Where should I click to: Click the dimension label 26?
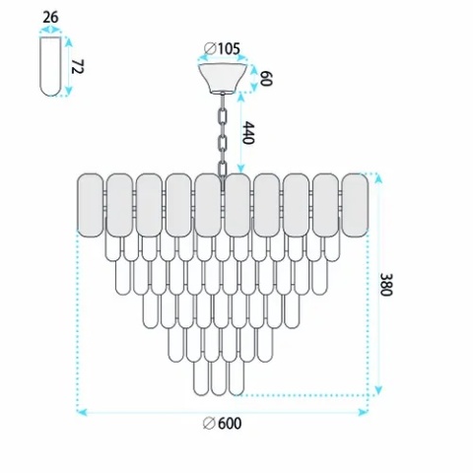(50, 17)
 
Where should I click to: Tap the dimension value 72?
(78, 67)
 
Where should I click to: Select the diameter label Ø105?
(222, 49)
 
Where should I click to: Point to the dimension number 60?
(265, 79)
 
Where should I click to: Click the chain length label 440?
(248, 133)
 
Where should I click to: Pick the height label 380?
(386, 285)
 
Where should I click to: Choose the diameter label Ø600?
(222, 423)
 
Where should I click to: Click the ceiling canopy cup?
(223, 78)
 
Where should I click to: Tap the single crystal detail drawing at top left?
(50, 66)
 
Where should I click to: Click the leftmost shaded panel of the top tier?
(90, 205)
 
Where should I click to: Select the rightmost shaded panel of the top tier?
(355, 205)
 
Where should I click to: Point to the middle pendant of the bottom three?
(219, 378)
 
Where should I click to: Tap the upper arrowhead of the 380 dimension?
(378, 178)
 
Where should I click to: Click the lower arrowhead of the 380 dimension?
(378, 390)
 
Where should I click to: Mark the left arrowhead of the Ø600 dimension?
(82, 412)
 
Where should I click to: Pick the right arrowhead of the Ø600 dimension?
(363, 412)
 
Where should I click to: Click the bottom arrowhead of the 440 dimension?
(241, 169)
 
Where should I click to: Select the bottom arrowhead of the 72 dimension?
(68, 92)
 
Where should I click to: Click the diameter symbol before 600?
(209, 423)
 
